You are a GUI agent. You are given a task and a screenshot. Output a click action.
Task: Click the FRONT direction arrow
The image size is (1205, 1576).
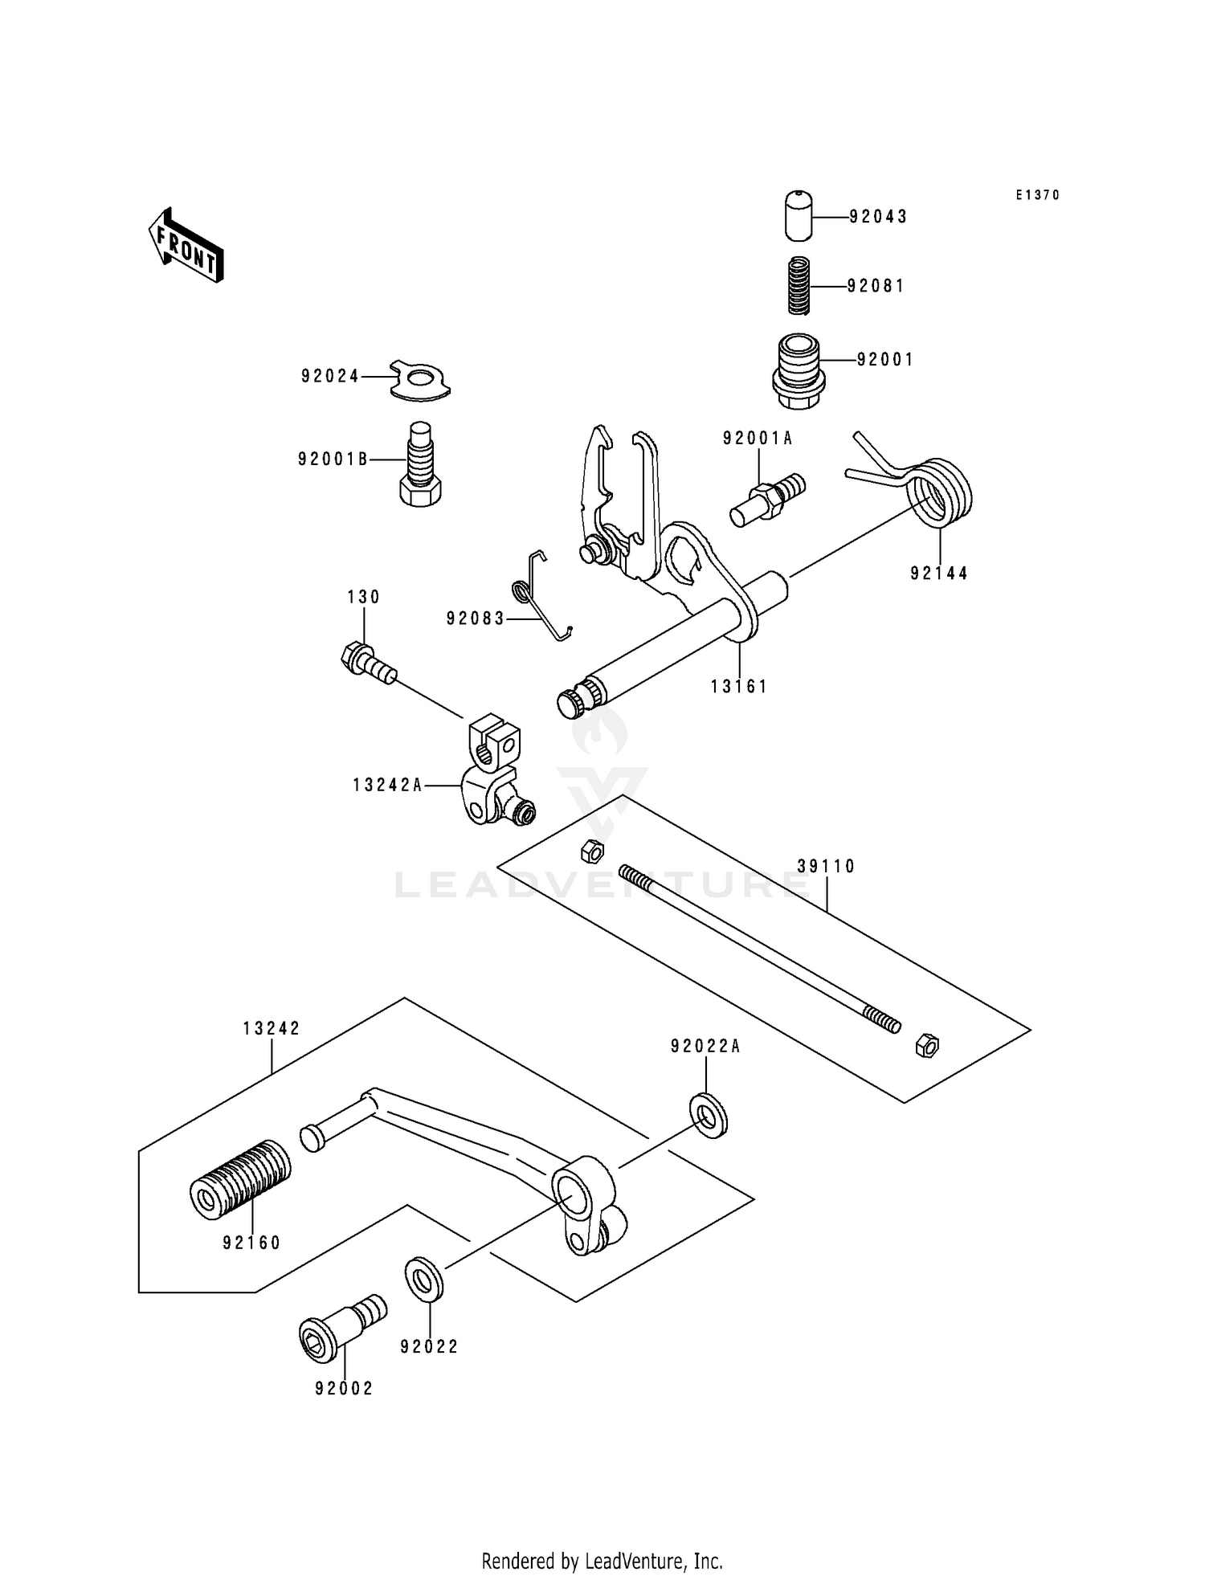pos(186,245)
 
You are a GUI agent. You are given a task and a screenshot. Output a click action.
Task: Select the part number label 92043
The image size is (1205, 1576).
pos(878,217)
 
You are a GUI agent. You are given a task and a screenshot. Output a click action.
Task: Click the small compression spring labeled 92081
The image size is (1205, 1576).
pos(799,286)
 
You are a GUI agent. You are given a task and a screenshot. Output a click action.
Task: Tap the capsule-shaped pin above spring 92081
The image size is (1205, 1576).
pos(798,215)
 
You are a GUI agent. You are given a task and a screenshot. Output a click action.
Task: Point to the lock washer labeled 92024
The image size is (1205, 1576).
pos(421,379)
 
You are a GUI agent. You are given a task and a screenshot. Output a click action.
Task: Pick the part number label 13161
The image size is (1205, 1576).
pos(738,687)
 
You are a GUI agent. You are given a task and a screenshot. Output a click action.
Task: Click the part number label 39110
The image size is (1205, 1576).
pos(827,866)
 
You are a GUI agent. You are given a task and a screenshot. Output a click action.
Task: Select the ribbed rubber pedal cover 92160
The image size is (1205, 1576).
pos(239,1178)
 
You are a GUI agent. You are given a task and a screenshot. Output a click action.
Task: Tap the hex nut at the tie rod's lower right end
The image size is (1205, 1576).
pos(926,1046)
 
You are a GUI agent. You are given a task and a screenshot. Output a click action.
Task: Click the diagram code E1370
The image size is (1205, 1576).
pos(1037,195)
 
